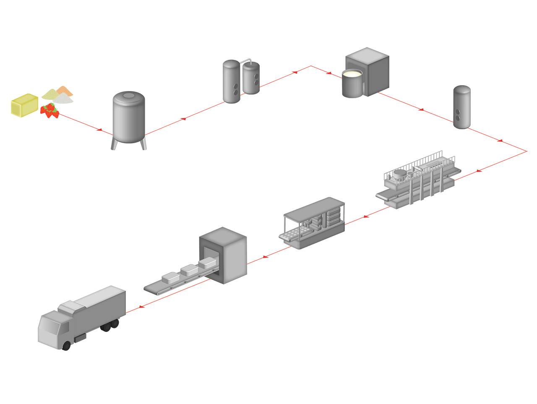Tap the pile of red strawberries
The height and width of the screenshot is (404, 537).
point(50,111)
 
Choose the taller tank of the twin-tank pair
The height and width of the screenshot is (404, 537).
point(231,82)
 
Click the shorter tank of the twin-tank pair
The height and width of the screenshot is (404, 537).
point(251,78)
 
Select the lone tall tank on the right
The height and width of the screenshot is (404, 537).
point(461,107)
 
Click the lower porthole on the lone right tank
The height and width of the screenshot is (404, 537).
point(458,118)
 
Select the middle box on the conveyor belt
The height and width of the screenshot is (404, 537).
point(189,270)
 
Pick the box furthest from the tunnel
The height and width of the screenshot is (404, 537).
point(171,277)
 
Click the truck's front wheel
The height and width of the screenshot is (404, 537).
point(67,346)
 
